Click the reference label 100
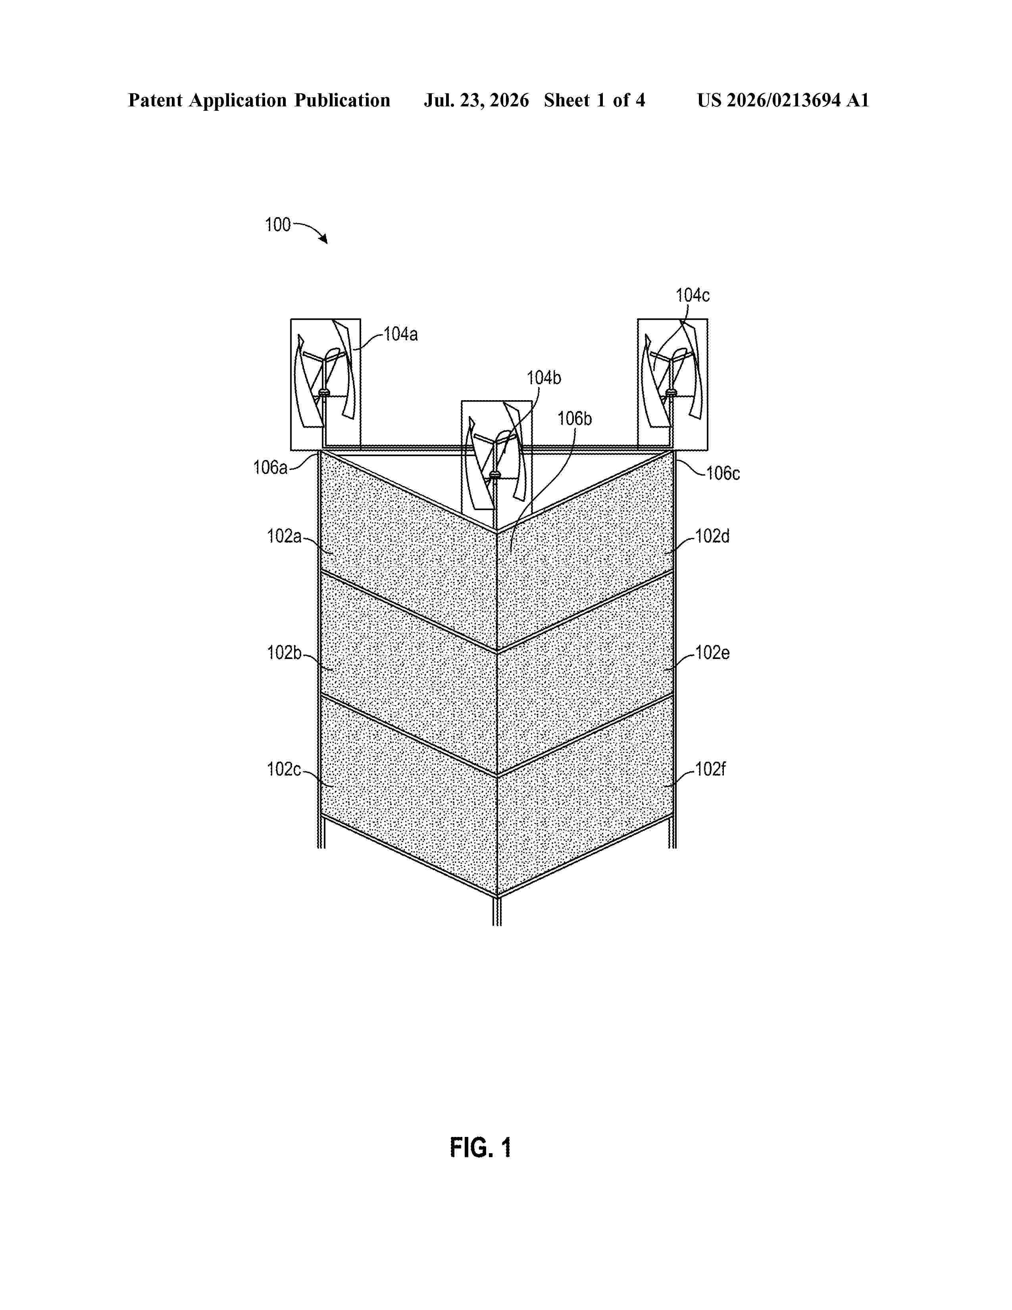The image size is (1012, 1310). (277, 225)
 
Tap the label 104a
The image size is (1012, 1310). (400, 334)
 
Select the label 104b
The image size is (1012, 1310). (544, 378)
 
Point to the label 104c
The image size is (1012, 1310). (693, 295)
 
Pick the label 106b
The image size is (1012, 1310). (574, 419)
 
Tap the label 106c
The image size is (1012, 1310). (723, 473)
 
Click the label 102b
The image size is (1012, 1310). (284, 653)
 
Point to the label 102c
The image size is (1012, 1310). (284, 769)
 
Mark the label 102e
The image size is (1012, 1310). (712, 653)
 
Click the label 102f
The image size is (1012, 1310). (710, 769)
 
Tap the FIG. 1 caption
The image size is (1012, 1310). (481, 1148)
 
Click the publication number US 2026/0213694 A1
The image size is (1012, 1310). (783, 100)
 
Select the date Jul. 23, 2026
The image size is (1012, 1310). (477, 100)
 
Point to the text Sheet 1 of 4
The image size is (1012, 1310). (595, 100)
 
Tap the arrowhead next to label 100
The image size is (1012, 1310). (324, 240)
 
